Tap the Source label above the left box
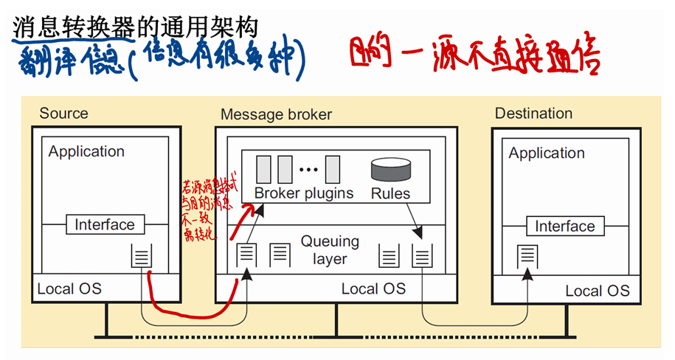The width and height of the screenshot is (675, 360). click(63, 114)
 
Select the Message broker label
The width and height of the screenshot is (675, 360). click(276, 114)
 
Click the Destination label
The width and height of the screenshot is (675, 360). click(533, 114)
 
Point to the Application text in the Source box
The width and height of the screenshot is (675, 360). click(86, 151)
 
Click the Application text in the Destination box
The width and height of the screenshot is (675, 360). click(546, 153)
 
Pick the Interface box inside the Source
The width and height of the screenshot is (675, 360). click(105, 224)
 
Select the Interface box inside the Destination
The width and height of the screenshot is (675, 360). click(565, 226)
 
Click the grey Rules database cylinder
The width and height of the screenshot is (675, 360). click(390, 169)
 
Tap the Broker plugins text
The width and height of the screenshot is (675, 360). click(304, 193)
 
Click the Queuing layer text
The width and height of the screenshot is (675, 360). click(330, 250)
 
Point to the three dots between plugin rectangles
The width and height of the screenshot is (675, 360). click(308, 170)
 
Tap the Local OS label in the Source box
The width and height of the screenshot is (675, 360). click(69, 288)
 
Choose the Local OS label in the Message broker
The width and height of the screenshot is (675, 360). click(373, 288)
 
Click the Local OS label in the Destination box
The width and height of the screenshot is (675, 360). click(597, 291)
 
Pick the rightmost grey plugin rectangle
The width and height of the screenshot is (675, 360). click(332, 169)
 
